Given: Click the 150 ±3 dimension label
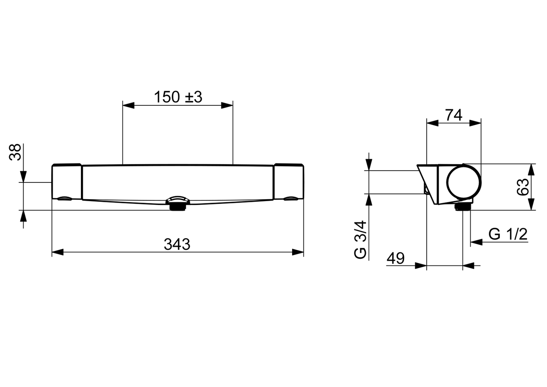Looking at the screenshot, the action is (178, 97).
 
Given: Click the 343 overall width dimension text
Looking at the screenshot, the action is (177, 244).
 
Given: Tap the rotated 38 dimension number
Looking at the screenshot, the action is (15, 152).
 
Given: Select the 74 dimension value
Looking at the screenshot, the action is (454, 115).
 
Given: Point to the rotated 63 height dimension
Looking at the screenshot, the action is (523, 187).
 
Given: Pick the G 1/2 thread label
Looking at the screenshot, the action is (508, 234).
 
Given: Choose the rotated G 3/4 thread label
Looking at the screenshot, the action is (360, 239).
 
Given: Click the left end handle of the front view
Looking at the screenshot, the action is (67, 182).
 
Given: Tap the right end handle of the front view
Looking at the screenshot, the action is (289, 182).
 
